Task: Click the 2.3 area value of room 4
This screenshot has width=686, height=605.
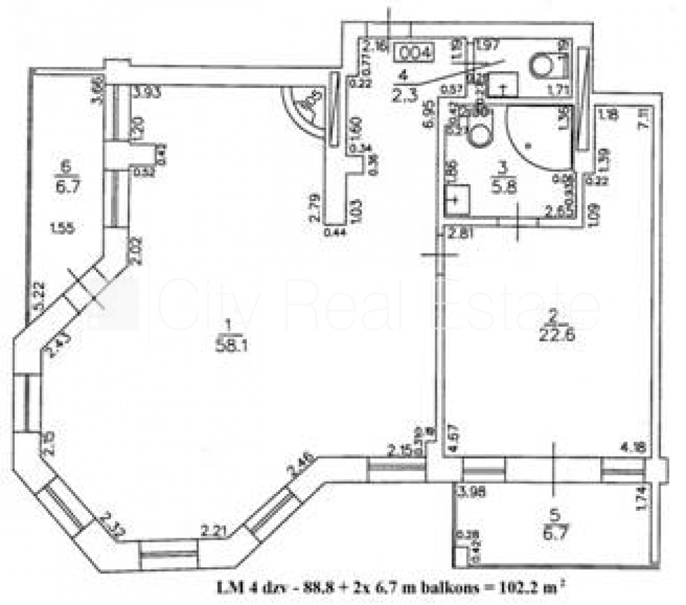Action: (404, 95)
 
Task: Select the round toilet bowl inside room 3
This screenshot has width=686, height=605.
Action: (481, 134)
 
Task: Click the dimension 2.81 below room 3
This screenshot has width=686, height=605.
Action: (461, 234)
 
